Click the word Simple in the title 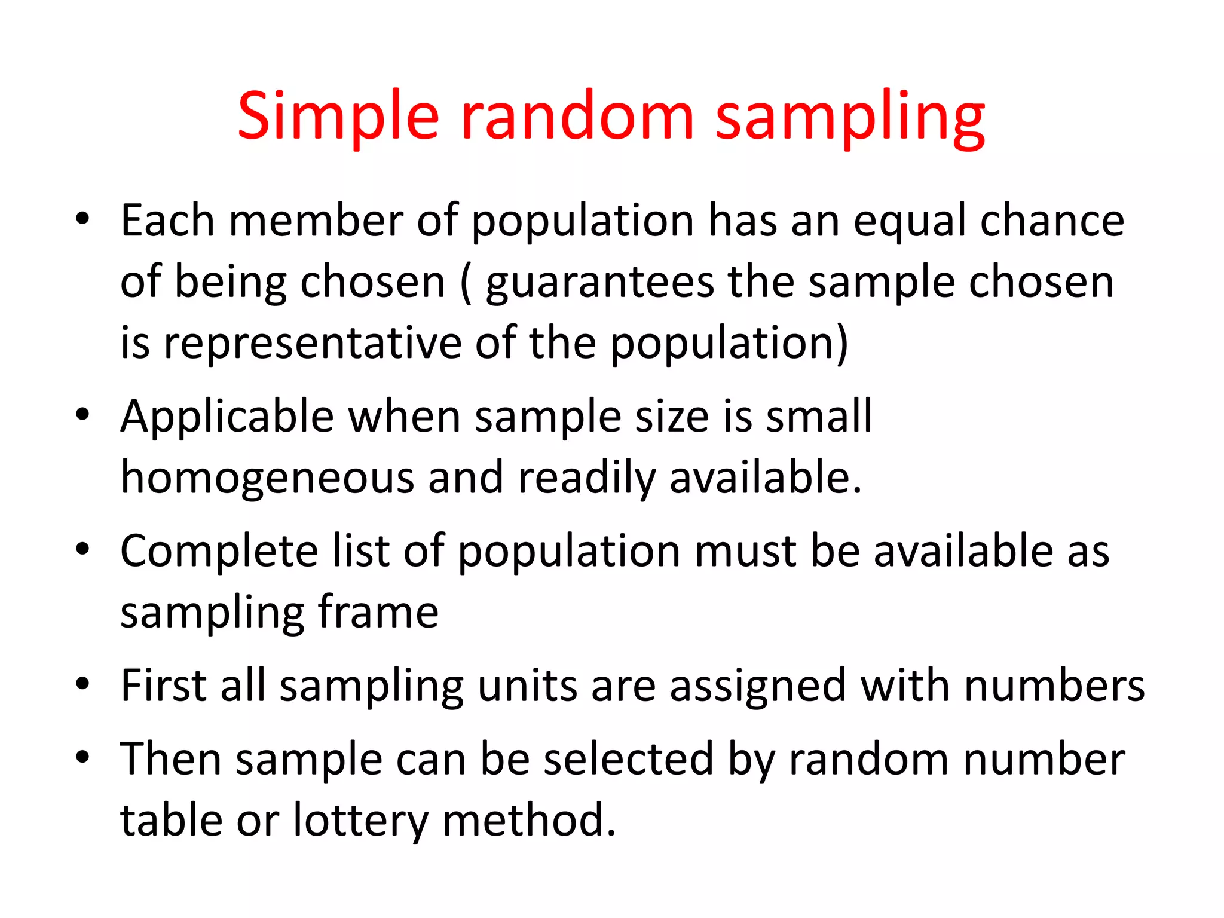pyautogui.click(x=338, y=117)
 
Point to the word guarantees pyautogui.click(x=599, y=283)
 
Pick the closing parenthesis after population pyautogui.click(x=841, y=344)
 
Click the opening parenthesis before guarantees pyautogui.click(x=466, y=283)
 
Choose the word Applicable pyautogui.click(x=227, y=417)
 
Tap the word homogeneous pyautogui.click(x=267, y=479)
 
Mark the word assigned pyautogui.click(x=757, y=687)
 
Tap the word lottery pyautogui.click(x=360, y=821)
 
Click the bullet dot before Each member pyautogui.click(x=82, y=219)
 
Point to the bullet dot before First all pyautogui.click(x=82, y=683)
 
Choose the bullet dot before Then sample pyautogui.click(x=82, y=757)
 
